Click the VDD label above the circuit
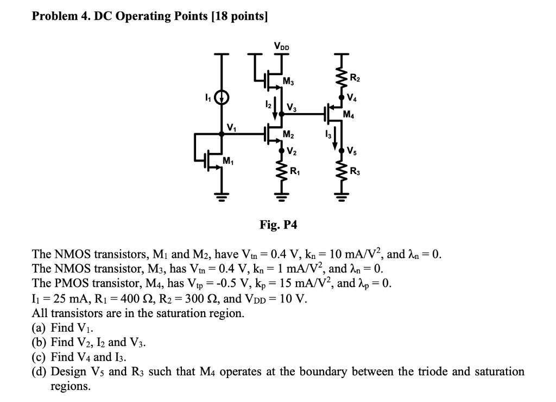coord(282,47)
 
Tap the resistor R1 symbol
coord(281,173)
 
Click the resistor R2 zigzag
coord(342,79)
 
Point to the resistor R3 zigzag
coord(342,173)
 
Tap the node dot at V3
coord(281,114)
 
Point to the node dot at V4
coord(342,97)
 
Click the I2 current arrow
coord(276,108)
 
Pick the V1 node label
coord(232,128)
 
